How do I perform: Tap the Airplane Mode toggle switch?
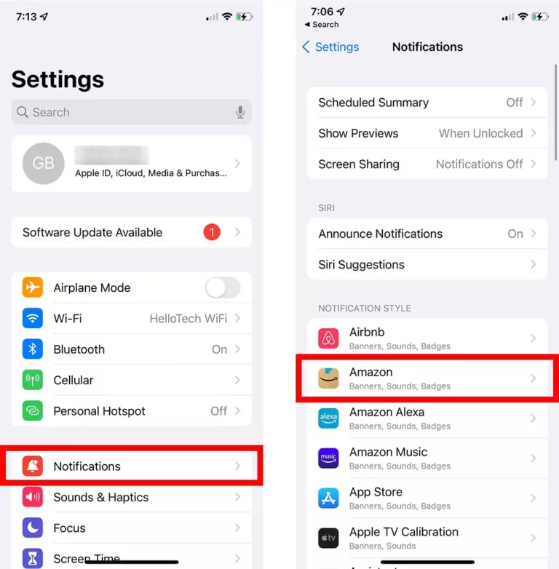coord(222,287)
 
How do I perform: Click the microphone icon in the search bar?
coord(240,112)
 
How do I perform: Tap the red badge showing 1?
coord(211,232)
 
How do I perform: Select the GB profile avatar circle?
coord(44,163)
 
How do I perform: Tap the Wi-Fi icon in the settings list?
coord(33,318)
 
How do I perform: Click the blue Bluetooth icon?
coord(33,349)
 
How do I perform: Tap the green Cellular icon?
coord(33,380)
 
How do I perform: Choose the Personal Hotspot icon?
coord(33,411)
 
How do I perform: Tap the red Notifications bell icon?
coord(33,466)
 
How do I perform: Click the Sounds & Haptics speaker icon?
coord(33,497)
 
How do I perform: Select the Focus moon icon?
coord(33,528)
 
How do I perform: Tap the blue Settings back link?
coord(330,47)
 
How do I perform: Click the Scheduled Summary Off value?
coord(515,103)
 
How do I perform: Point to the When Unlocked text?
coord(480,133)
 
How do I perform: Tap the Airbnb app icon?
coord(329,338)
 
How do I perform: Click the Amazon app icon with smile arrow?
coord(329,378)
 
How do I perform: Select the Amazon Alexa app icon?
coord(329,418)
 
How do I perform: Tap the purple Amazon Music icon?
coord(329,458)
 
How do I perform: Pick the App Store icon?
coord(329,498)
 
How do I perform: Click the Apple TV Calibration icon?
coord(329,538)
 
